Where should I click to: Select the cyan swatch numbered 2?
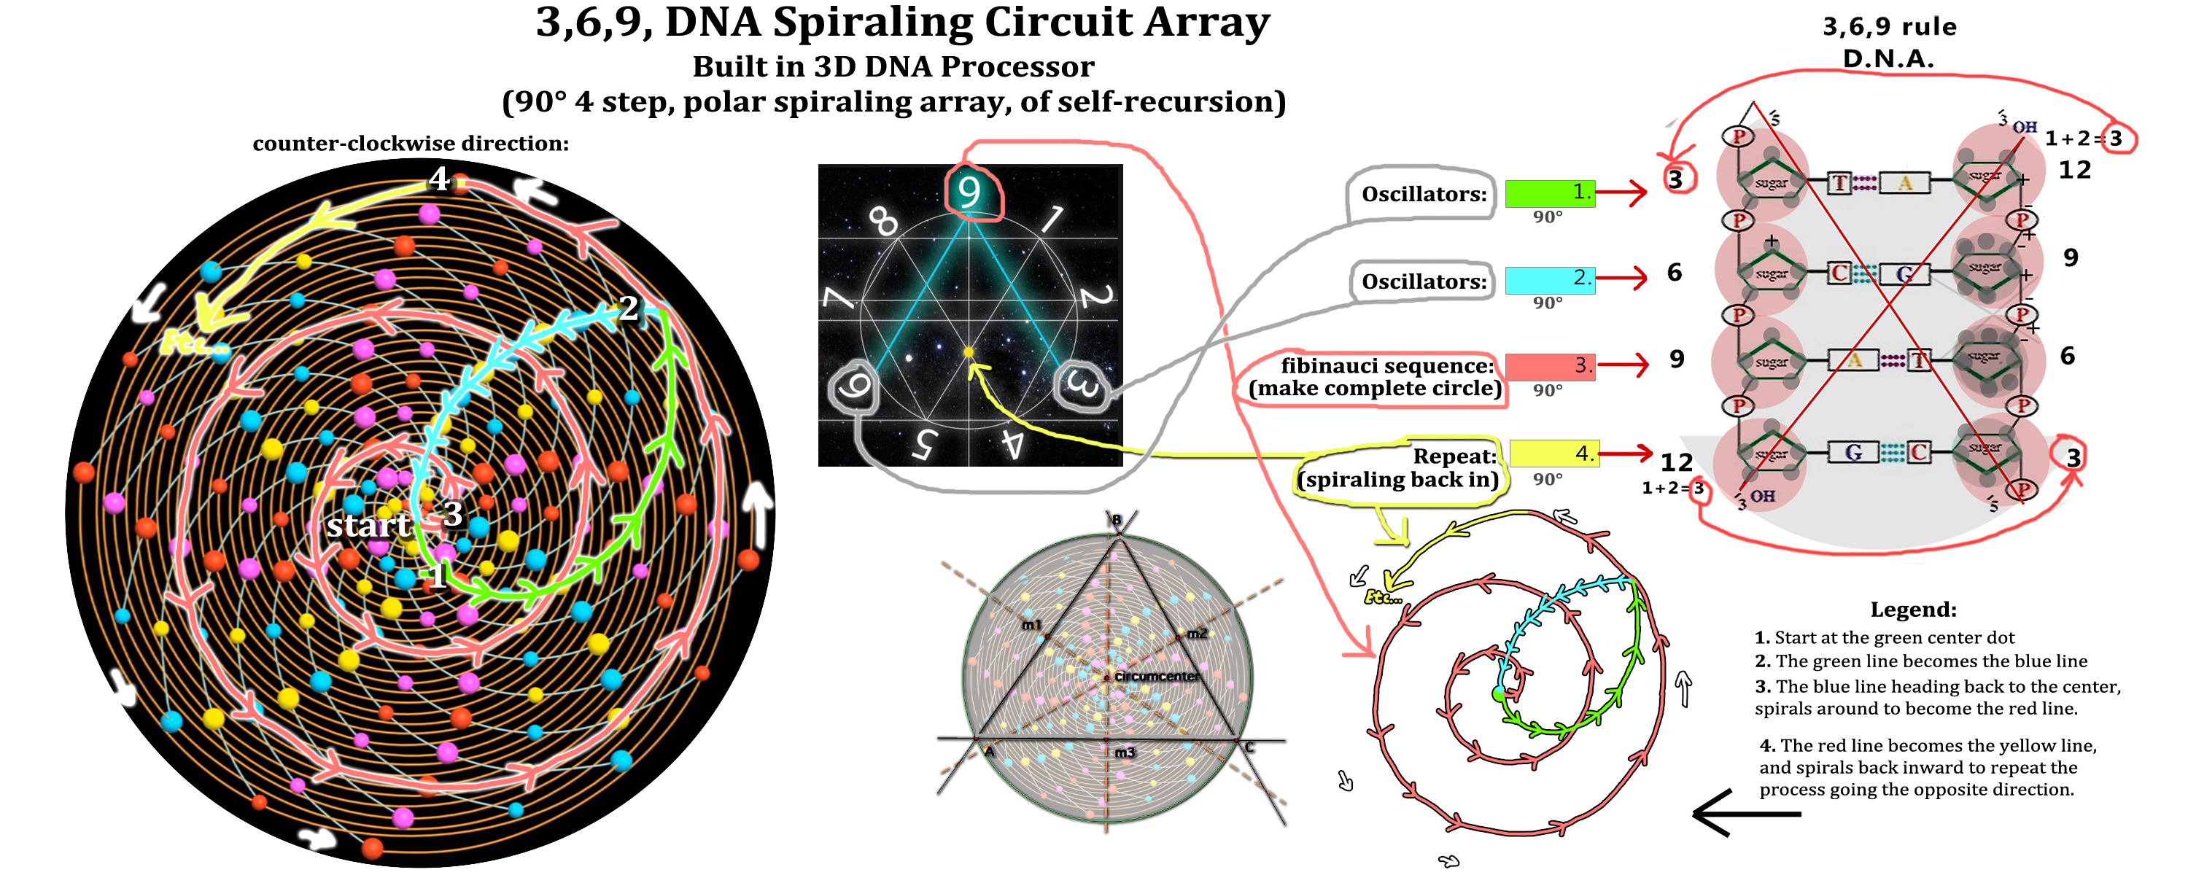tap(1548, 279)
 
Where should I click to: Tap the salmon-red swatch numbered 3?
tap(1548, 366)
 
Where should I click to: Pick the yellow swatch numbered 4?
tap(1553, 453)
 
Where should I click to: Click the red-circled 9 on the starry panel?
tap(969, 192)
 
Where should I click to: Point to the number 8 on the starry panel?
tap(883, 220)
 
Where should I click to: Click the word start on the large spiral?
tap(368, 525)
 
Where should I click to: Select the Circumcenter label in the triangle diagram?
tap(1156, 676)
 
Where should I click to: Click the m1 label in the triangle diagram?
tap(1031, 625)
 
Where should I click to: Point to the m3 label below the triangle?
tap(1125, 752)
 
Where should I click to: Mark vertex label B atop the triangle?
tap(1117, 519)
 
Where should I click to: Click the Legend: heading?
tap(1913, 609)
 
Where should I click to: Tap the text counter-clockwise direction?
tap(410, 143)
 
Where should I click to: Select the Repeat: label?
tap(1454, 456)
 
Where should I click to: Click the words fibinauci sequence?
tap(1386, 365)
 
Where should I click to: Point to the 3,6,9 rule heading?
tap(1889, 26)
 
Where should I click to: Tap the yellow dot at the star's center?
tap(969, 351)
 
